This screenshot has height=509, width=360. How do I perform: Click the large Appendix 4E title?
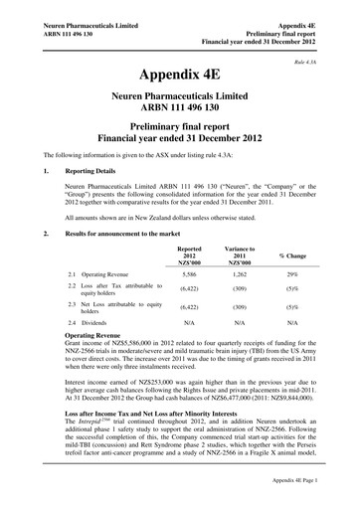(180, 76)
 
